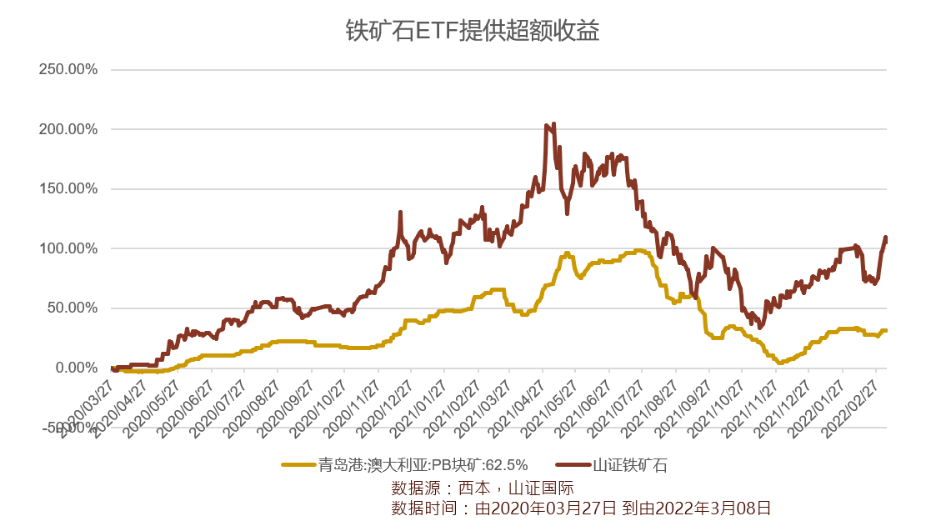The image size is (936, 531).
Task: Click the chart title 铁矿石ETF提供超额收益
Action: click(x=473, y=31)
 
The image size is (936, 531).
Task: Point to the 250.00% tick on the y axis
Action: click(x=68, y=70)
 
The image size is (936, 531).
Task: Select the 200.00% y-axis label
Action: click(x=68, y=130)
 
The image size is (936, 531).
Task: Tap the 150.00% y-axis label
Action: click(x=68, y=189)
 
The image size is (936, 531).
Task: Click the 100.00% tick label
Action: click(x=68, y=249)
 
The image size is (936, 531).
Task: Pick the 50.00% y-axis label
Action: click(x=72, y=308)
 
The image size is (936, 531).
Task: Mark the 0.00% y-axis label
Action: click(x=76, y=368)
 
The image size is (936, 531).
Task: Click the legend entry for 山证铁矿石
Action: click(x=630, y=465)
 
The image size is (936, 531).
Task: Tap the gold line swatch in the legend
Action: click(x=298, y=465)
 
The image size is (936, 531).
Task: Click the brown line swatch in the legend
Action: click(x=573, y=465)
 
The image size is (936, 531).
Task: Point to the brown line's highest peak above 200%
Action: click(x=553, y=124)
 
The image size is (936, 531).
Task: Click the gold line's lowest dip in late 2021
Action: click(x=780, y=363)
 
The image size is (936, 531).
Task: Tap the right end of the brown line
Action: click(x=886, y=238)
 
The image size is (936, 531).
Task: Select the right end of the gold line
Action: click(x=886, y=330)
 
